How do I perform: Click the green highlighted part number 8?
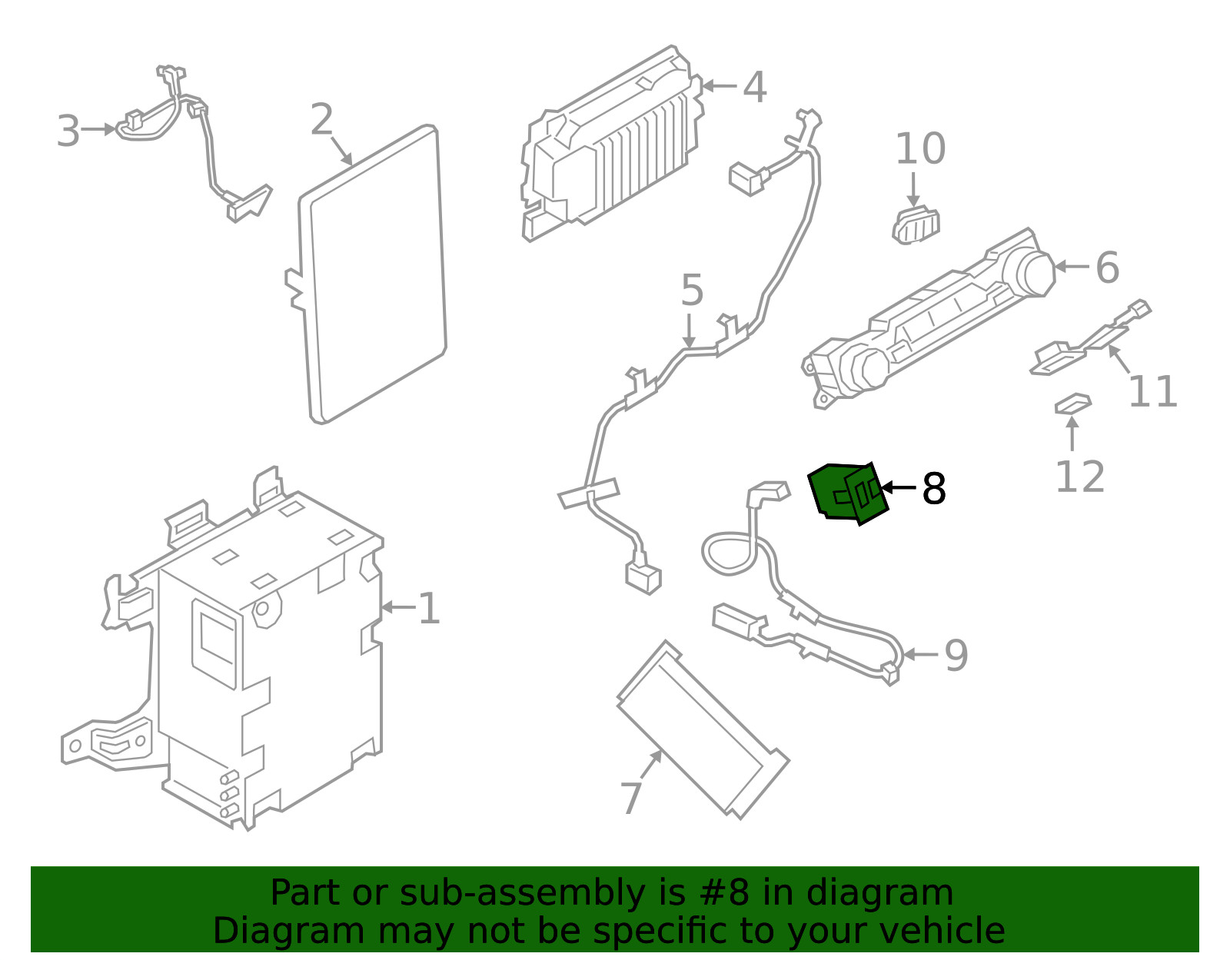click(x=847, y=493)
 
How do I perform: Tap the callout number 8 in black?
click(x=933, y=489)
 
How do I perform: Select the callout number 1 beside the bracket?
click(x=428, y=609)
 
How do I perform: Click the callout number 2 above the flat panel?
click(x=322, y=120)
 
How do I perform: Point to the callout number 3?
click(x=68, y=131)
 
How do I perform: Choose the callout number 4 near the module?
click(x=754, y=87)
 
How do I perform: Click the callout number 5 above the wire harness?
click(x=692, y=291)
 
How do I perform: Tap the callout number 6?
click(x=1107, y=267)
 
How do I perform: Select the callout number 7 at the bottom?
click(x=630, y=798)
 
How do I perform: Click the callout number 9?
click(x=956, y=656)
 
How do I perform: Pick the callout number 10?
click(x=920, y=148)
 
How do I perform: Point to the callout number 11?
click(x=1152, y=391)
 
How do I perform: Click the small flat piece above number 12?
click(x=1072, y=404)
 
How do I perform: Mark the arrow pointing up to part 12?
click(x=1072, y=435)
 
